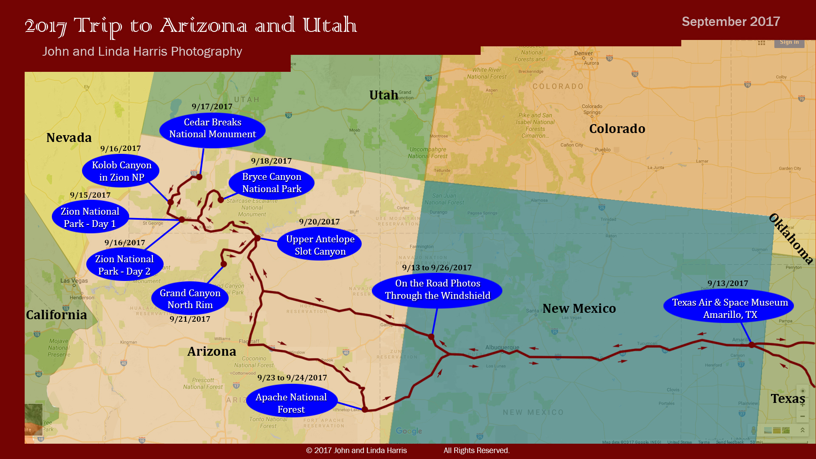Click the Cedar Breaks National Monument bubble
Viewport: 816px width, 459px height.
(x=212, y=129)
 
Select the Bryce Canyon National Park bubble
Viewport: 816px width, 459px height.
(x=272, y=183)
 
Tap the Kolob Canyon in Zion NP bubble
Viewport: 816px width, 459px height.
(x=121, y=171)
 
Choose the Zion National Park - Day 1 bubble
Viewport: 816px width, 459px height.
(x=90, y=218)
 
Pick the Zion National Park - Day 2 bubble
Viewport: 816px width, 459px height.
(x=125, y=265)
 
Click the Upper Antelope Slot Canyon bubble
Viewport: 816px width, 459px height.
(x=320, y=245)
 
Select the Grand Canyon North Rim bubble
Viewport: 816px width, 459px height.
(x=190, y=299)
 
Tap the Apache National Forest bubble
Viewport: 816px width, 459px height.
(x=292, y=403)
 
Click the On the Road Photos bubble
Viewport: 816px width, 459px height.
(x=437, y=289)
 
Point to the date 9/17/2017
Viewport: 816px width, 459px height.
(x=212, y=107)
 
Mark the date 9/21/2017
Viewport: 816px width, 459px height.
(x=190, y=319)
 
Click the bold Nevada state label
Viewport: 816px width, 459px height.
(x=69, y=138)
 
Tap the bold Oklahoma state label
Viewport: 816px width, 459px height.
(x=791, y=238)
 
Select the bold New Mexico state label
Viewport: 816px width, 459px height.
(x=579, y=309)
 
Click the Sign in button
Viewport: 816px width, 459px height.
(x=789, y=42)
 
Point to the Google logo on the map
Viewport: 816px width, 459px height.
(x=409, y=431)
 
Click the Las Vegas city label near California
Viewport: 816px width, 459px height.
(x=74, y=280)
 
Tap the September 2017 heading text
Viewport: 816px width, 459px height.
(x=731, y=22)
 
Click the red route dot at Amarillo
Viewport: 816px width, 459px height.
(x=751, y=345)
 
